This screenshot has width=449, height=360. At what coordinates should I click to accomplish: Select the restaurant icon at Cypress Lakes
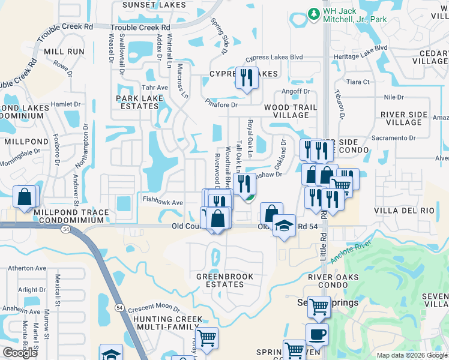247,78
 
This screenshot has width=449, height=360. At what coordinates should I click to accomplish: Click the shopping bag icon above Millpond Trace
24,197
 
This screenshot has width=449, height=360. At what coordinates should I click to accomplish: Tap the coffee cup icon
317,334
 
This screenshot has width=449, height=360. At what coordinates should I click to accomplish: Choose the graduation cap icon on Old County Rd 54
284,226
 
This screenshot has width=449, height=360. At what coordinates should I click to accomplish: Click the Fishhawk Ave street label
162,203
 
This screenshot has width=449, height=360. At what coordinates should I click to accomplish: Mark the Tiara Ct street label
358,82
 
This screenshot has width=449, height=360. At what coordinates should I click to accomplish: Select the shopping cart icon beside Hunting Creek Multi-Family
206,338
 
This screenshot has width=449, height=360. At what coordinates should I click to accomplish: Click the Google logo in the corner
20,353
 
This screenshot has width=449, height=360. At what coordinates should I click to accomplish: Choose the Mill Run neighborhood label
64,52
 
